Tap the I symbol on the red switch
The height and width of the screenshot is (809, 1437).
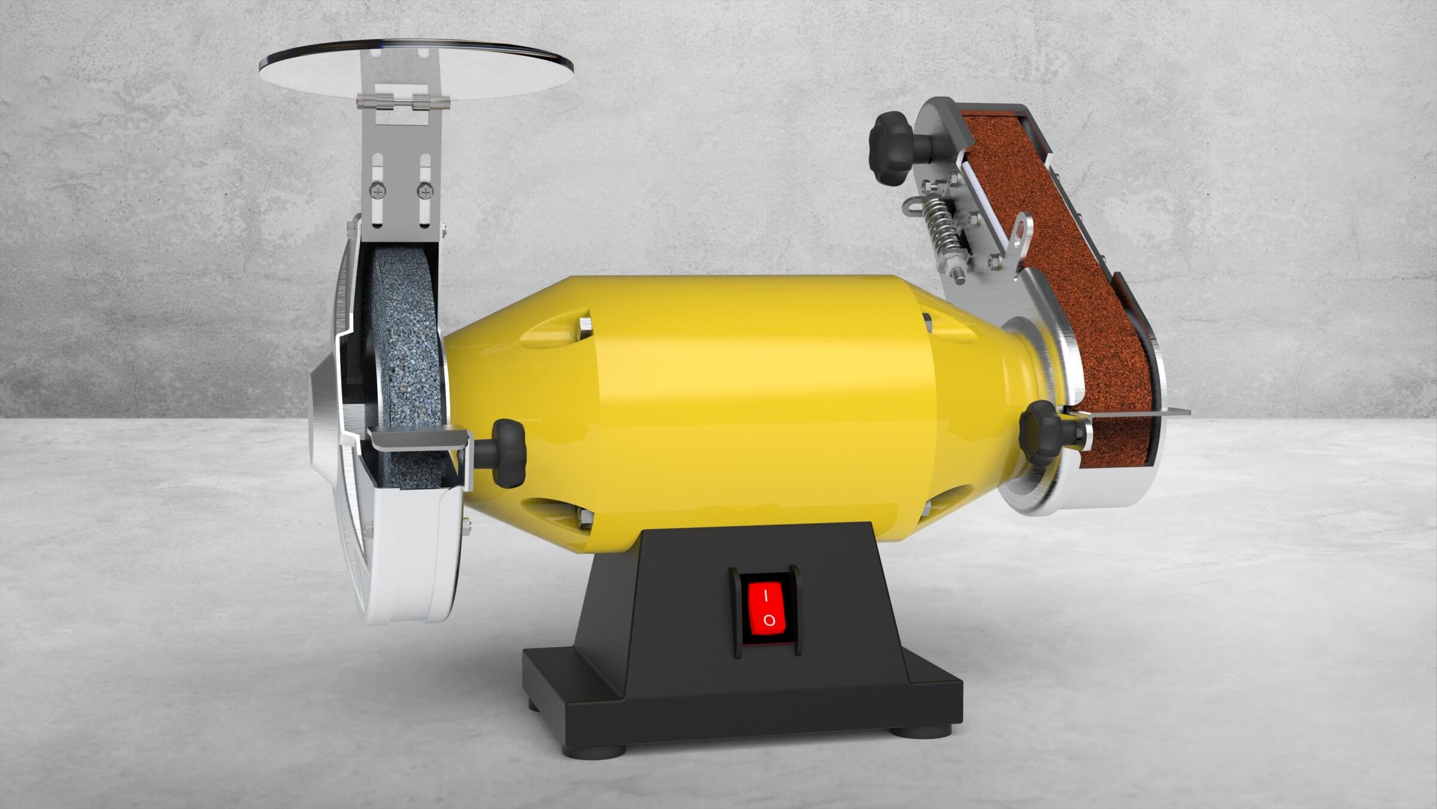(x=766, y=596)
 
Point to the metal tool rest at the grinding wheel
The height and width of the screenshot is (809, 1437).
(x=419, y=440)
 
